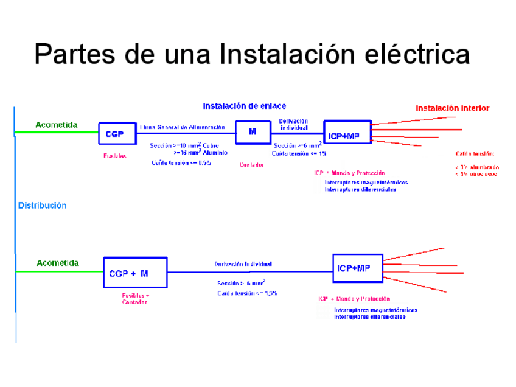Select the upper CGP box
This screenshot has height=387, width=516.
tap(117, 133)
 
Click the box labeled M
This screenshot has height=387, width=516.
tap(253, 132)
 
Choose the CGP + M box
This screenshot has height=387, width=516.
tap(135, 273)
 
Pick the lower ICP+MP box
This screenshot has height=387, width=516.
tap(358, 268)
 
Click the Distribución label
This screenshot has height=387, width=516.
tap(42, 206)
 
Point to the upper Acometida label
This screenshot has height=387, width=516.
tap(56, 125)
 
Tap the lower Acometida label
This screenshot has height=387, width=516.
tap(57, 263)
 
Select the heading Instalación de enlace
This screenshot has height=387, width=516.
tap(244, 106)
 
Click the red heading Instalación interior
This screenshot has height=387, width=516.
tap(452, 108)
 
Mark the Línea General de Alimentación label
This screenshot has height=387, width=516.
tap(183, 127)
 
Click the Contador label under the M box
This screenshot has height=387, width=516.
tap(251, 165)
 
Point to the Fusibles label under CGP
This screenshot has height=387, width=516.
tap(115, 156)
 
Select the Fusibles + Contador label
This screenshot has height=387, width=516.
tap(135, 299)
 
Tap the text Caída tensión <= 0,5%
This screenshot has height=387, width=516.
tap(181, 162)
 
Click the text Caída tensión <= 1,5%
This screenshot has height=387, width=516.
tap(247, 293)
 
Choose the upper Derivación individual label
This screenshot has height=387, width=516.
tap(293, 124)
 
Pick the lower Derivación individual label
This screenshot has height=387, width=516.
tap(243, 264)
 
